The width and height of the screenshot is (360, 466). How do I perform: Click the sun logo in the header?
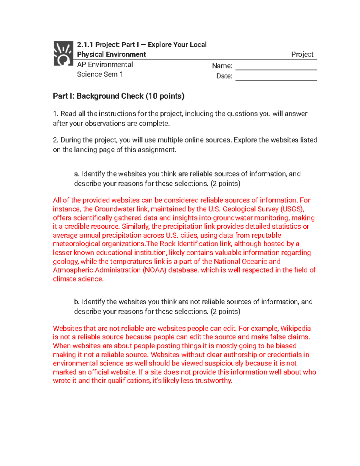pyautogui.click(x=63, y=53)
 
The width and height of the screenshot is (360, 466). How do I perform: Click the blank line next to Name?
pyautogui.click(x=276, y=67)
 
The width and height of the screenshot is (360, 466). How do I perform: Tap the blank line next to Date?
pyautogui.click(x=276, y=77)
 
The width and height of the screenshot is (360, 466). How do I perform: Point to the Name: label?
pyautogui.click(x=222, y=66)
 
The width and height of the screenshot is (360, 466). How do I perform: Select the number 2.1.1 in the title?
pyautogui.click(x=85, y=45)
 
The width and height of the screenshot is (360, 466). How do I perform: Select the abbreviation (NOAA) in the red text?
pyautogui.click(x=154, y=270)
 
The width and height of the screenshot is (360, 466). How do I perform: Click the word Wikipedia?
pyautogui.click(x=295, y=328)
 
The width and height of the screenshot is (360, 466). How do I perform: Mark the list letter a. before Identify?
pyautogui.click(x=77, y=174)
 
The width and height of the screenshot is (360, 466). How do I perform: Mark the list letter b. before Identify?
pyautogui.click(x=77, y=302)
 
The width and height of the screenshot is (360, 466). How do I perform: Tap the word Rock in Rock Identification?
pyautogui.click(x=168, y=244)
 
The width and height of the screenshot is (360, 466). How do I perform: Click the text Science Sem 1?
pyautogui.click(x=100, y=74)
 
